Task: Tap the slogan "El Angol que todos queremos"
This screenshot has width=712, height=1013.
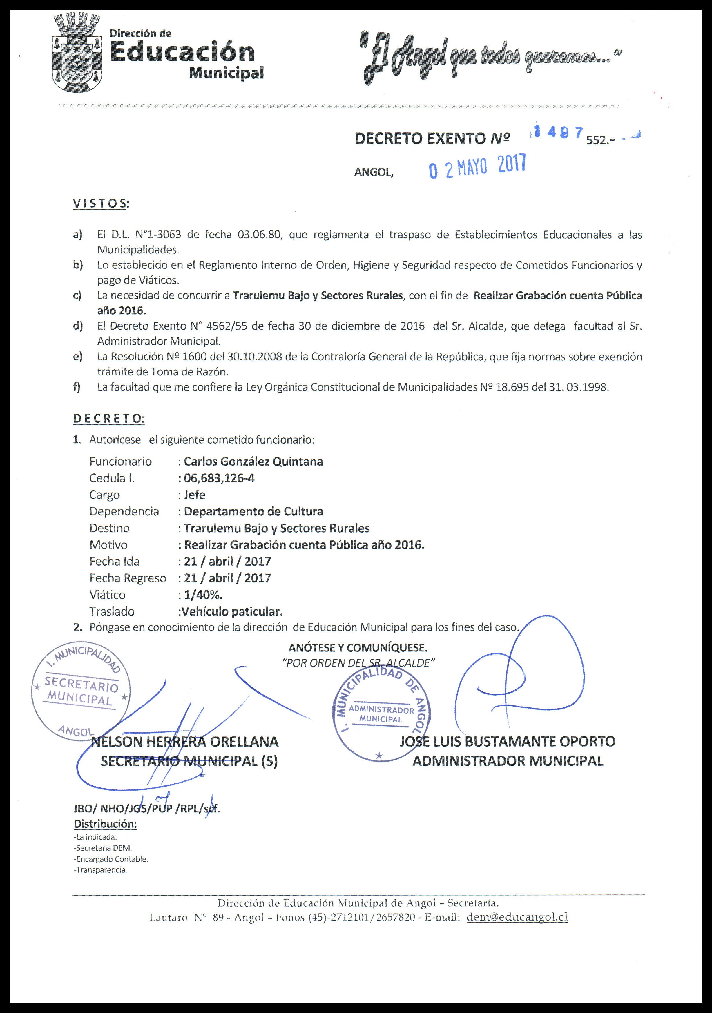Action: [x=490, y=58]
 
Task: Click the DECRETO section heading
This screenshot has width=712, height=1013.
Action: [x=108, y=419]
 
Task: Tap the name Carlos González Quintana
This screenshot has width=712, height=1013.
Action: [x=253, y=462]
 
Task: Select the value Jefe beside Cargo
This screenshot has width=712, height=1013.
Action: [x=195, y=495]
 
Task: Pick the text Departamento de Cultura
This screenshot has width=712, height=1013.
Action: [x=253, y=511]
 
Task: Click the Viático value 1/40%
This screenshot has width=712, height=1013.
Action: [x=203, y=595]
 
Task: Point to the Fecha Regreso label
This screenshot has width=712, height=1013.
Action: [x=128, y=578]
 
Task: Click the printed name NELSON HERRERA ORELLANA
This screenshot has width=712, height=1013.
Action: [x=184, y=742]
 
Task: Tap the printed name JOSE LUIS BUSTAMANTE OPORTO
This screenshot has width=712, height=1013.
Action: [x=507, y=741]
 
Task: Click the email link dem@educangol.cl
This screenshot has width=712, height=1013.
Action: [x=517, y=917]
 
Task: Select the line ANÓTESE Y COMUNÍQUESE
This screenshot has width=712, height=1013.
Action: [x=358, y=648]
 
